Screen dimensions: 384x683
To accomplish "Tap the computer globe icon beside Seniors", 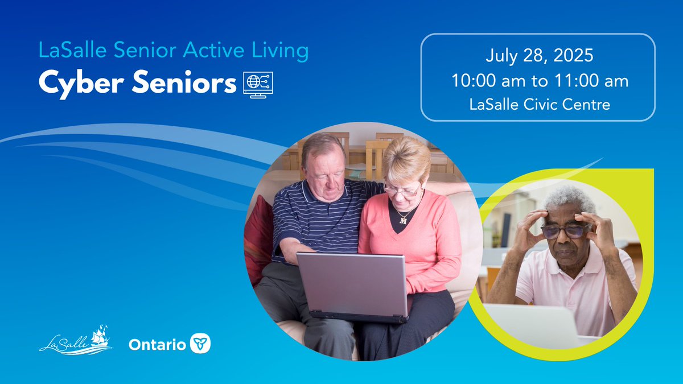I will (258, 84).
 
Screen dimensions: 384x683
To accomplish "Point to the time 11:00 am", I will (593, 81).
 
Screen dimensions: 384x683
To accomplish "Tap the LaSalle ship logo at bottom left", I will (75, 340).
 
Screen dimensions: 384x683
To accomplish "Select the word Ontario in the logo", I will (157, 344).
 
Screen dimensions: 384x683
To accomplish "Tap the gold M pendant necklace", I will (404, 219).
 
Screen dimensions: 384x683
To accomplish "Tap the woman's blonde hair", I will (406, 156).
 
